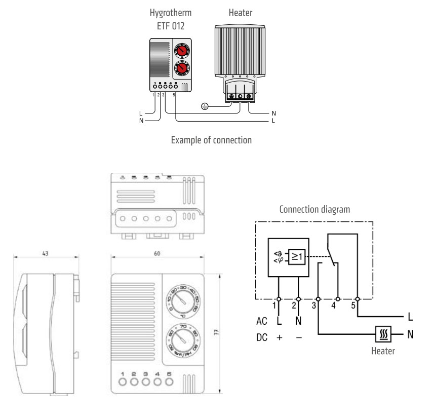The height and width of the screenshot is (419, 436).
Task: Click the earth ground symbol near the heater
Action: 205,106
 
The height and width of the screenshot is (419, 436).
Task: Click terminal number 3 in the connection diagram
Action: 314,306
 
